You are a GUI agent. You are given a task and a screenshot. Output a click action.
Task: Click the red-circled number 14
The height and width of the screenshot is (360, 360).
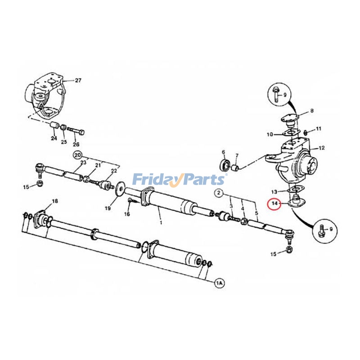pyautogui.click(x=273, y=204)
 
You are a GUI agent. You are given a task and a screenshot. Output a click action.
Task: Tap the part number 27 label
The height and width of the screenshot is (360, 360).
pyautogui.click(x=78, y=81)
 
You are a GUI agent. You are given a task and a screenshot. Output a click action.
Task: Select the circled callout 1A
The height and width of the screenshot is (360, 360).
pyautogui.click(x=219, y=283)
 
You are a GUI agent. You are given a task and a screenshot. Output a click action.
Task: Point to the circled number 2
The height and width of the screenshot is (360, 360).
pyautogui.click(x=219, y=193)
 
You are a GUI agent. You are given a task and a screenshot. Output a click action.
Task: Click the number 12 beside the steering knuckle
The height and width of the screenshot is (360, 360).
pyautogui.click(x=322, y=148)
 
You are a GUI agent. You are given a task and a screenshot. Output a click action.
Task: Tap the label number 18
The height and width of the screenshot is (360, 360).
pyautogui.click(x=55, y=201)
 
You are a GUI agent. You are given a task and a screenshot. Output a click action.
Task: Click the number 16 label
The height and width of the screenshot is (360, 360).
pyautogui.click(x=127, y=214)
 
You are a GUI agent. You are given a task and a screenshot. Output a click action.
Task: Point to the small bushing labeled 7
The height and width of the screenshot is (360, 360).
pyautogui.click(x=235, y=168)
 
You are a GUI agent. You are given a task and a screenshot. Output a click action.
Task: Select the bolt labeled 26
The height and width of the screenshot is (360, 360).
pyautogui.click(x=77, y=133)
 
